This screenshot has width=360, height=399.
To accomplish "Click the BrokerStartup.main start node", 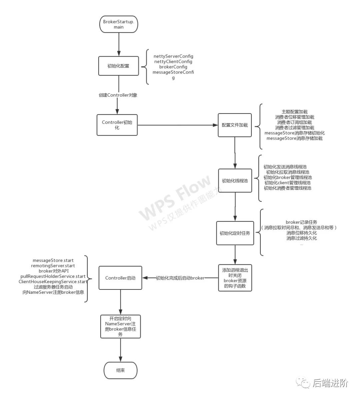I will pos(118,24).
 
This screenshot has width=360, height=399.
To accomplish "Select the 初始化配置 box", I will pos(118,66).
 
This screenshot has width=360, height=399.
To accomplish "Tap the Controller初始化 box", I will pos(117,125).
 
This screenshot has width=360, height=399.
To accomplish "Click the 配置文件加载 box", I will pos(235,125).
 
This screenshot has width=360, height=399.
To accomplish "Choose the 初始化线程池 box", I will pos(235,181).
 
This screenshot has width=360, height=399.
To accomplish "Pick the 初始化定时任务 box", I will pos(235,233).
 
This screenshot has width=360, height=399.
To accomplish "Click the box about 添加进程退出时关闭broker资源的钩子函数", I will pos(235,278).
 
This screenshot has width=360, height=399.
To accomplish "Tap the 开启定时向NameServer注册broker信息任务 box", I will pos(120,326).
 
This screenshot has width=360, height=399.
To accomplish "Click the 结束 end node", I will pos(120,370).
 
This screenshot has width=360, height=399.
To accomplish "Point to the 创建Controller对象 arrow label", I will pos(118,95).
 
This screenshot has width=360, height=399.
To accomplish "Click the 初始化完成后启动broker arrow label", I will pos(180,278).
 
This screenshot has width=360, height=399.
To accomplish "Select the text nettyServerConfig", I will pos(173,56).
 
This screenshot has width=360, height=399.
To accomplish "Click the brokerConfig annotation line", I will pos(173,67).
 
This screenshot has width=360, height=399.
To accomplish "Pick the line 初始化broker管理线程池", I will pos(287,178).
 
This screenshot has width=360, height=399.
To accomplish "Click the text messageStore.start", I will pos(53,260).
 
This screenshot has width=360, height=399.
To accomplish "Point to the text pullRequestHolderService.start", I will pos(53,276).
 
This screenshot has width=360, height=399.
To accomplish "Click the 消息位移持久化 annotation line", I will pos(301,233).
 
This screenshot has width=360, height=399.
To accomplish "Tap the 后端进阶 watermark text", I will pos(330,383).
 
